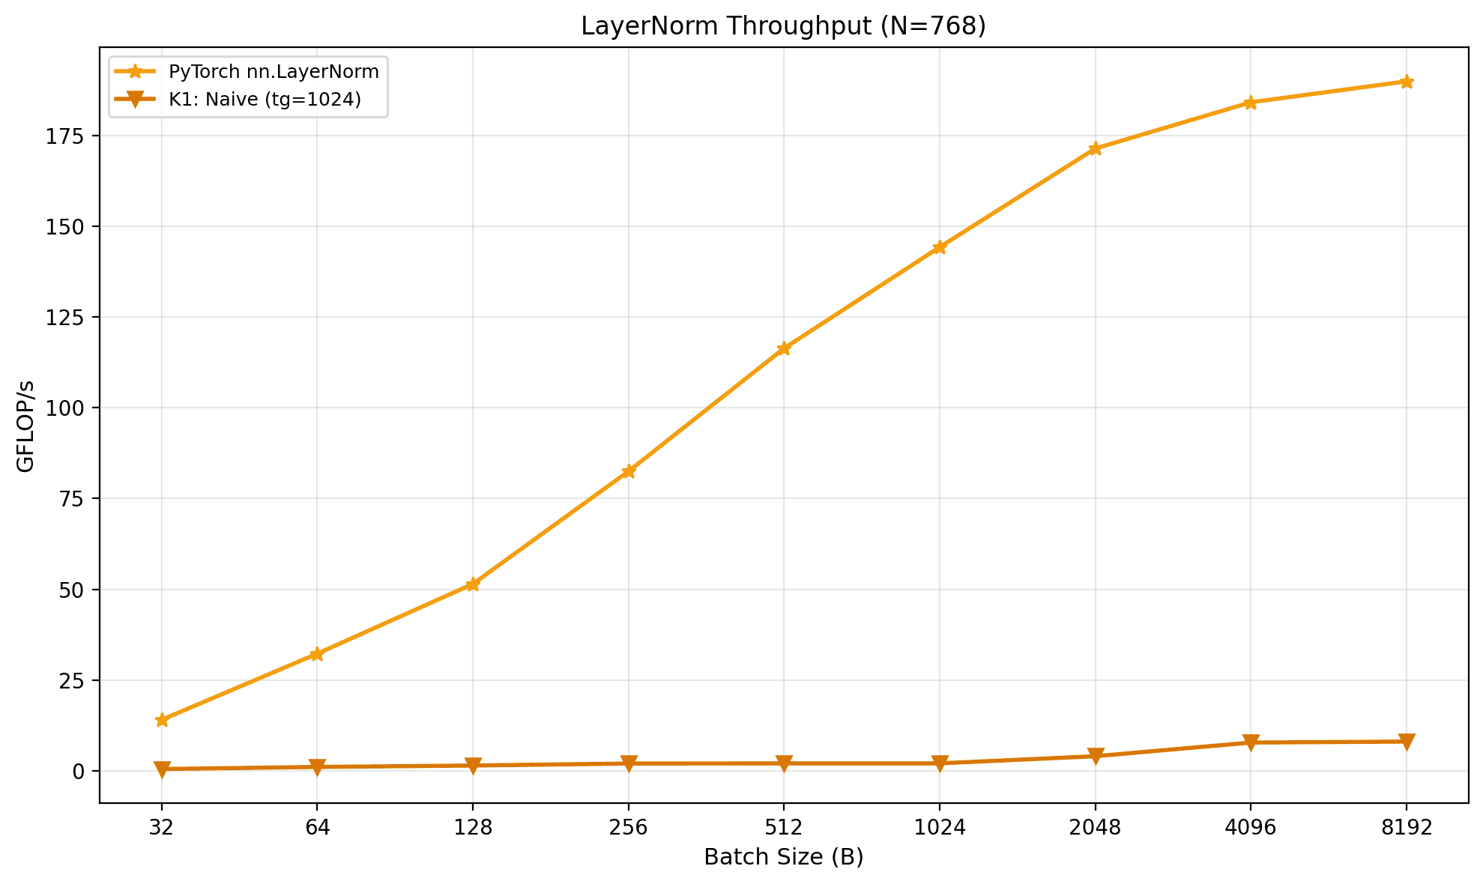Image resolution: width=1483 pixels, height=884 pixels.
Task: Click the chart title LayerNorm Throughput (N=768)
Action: click(x=783, y=26)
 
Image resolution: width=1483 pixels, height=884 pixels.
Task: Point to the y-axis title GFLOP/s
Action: click(x=26, y=426)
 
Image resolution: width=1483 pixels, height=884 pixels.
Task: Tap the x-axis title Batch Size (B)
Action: click(x=783, y=857)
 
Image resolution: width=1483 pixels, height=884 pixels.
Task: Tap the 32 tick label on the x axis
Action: click(x=162, y=828)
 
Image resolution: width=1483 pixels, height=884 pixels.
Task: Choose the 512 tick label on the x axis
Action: click(x=784, y=828)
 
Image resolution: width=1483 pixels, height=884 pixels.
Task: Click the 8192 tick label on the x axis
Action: click(x=1406, y=828)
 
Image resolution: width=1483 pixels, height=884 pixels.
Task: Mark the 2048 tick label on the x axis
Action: click(x=1095, y=828)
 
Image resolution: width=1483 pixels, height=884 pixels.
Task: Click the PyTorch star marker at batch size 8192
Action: click(x=1406, y=82)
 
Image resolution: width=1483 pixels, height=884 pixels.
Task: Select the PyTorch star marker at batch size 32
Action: click(x=162, y=720)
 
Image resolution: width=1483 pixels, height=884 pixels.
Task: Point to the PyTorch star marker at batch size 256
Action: click(x=629, y=471)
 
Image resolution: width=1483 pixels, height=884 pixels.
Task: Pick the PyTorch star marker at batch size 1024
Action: click(x=940, y=247)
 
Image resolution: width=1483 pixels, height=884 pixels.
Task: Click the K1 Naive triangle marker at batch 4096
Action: click(x=1251, y=742)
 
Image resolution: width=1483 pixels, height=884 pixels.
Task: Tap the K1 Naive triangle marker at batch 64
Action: click(x=317, y=767)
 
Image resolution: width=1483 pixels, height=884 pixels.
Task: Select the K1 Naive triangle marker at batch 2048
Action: click(x=1095, y=756)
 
